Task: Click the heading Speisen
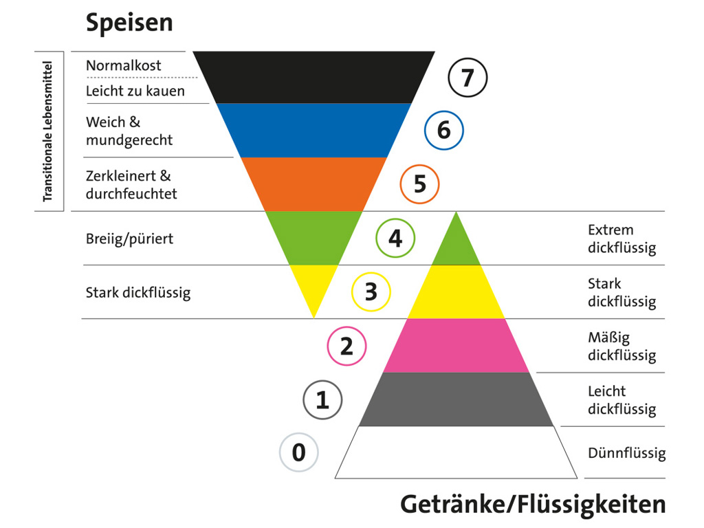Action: coord(129,23)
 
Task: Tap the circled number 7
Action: coord(467,78)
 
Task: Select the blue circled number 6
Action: coord(443,129)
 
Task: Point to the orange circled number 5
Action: coord(419,184)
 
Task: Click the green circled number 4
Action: coord(395,238)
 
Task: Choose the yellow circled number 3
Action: coord(371,291)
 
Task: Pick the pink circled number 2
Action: coord(346,346)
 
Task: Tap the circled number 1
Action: coord(322,399)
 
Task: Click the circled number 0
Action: coord(298,452)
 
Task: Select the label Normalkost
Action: coord(124,66)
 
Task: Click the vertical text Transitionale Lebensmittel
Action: coord(47,131)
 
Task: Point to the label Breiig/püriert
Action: coord(130,239)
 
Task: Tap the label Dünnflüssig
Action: coord(626,453)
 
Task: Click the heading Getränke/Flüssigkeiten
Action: coord(533,504)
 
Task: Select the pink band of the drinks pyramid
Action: coord(456,345)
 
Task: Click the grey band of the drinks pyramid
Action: coord(456,399)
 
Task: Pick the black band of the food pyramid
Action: coord(313,77)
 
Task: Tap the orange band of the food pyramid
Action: coord(313,184)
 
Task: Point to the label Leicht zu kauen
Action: coord(135,91)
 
